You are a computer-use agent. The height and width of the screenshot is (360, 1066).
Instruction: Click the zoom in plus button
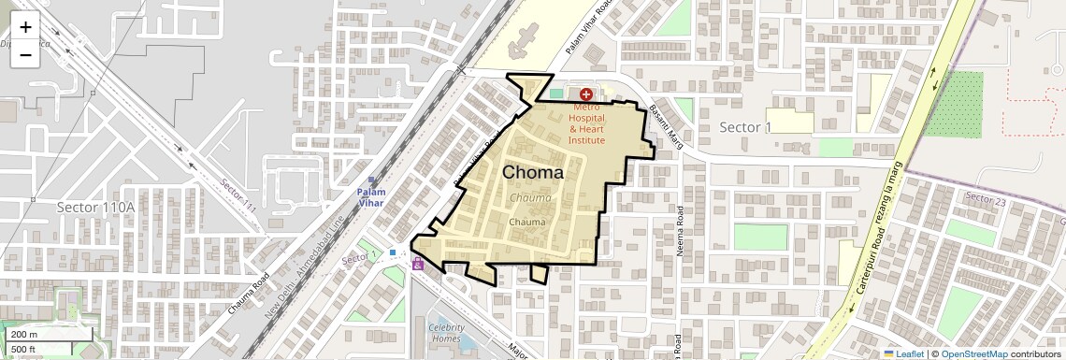(x=25, y=28)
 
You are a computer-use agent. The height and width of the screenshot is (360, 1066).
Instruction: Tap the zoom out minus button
(x=25, y=55)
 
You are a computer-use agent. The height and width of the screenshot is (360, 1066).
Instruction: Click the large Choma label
(x=533, y=173)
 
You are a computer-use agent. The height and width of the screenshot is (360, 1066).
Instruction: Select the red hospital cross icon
(x=586, y=94)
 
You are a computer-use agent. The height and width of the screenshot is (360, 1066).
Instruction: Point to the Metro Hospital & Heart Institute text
(x=588, y=124)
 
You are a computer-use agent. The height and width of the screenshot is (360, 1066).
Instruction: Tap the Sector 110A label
(x=96, y=207)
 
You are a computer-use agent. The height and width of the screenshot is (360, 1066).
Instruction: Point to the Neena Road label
(x=680, y=230)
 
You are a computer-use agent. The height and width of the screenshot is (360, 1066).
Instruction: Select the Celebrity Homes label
(x=447, y=333)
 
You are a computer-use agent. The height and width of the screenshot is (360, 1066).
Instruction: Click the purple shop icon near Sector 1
(x=417, y=264)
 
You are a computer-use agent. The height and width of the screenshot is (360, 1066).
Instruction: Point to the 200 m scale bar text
(x=23, y=334)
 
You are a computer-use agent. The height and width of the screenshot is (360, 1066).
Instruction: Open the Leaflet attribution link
(x=903, y=353)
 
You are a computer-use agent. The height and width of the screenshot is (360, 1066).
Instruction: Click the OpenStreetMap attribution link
(x=973, y=353)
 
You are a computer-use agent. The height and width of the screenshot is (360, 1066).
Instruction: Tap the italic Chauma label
(x=530, y=198)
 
